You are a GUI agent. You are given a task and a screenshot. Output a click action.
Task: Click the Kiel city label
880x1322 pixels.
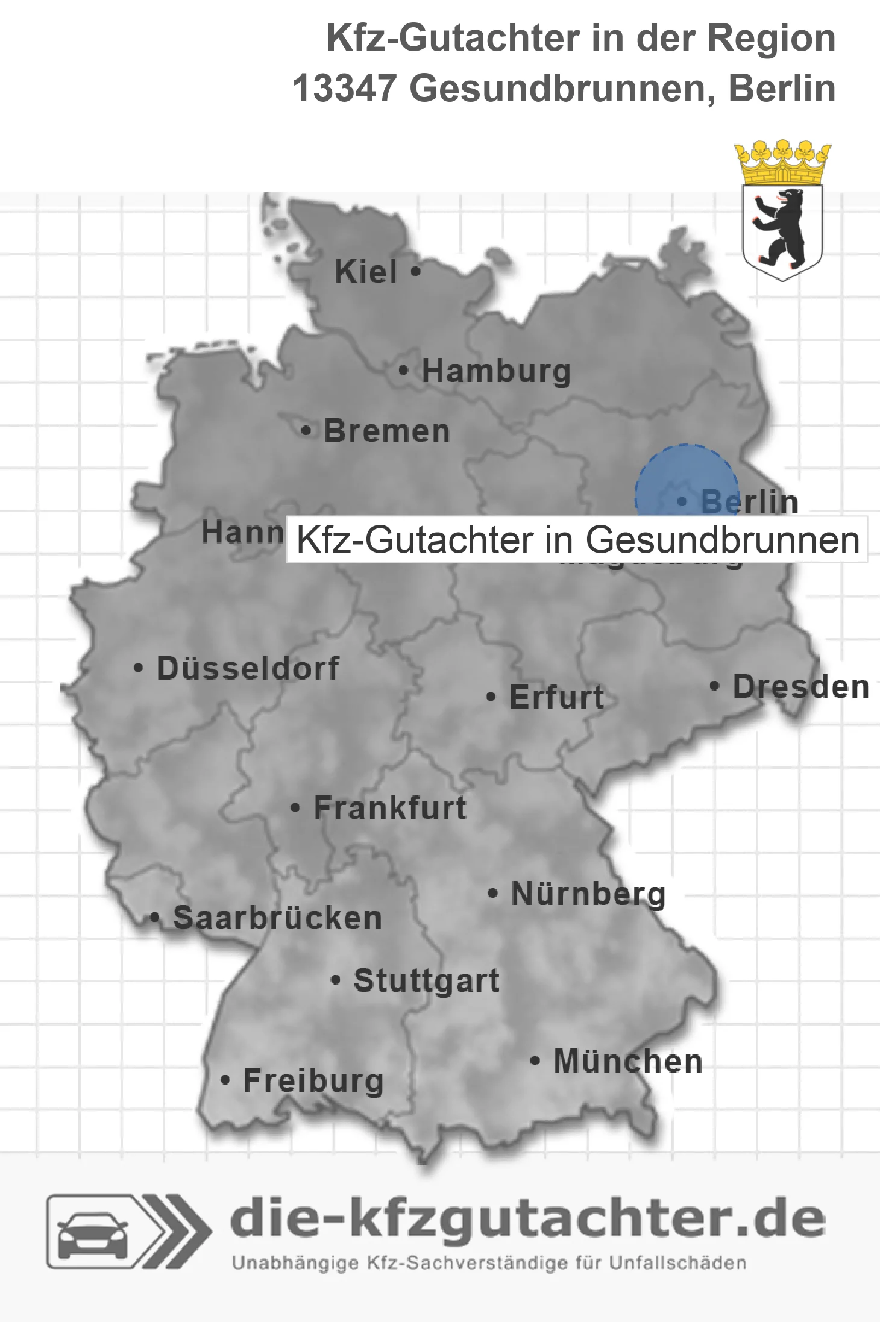coord(366,272)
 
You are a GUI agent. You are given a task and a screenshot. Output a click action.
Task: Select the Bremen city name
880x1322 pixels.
coord(387,431)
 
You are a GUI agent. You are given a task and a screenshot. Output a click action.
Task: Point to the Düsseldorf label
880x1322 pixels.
coord(248,668)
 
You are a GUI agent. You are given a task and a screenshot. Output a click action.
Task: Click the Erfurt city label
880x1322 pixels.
coord(556,697)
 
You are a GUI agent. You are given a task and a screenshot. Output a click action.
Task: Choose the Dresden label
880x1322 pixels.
coord(801,687)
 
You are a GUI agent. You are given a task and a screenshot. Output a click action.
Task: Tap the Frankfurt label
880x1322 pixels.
coord(390,808)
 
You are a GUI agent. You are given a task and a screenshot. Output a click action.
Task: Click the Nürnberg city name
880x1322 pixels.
coord(588,894)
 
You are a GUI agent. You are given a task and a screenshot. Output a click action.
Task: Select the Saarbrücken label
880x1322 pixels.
coord(277,918)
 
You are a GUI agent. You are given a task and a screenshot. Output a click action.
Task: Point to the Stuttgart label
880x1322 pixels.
coord(426,980)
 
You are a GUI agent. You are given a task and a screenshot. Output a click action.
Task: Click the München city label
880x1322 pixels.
coord(627,1061)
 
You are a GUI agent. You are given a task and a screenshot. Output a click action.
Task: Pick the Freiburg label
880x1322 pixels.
coord(313,1081)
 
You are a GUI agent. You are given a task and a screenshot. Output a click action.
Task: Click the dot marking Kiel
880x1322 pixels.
coord(415,271)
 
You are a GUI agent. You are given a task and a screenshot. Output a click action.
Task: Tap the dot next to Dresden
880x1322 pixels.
coord(714,686)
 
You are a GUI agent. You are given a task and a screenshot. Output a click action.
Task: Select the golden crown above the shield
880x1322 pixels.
coord(782,162)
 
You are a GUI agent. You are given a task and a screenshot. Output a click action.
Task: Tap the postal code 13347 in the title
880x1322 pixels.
coord(344,89)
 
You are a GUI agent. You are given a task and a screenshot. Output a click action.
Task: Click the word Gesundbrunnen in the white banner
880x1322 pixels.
coord(722,540)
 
